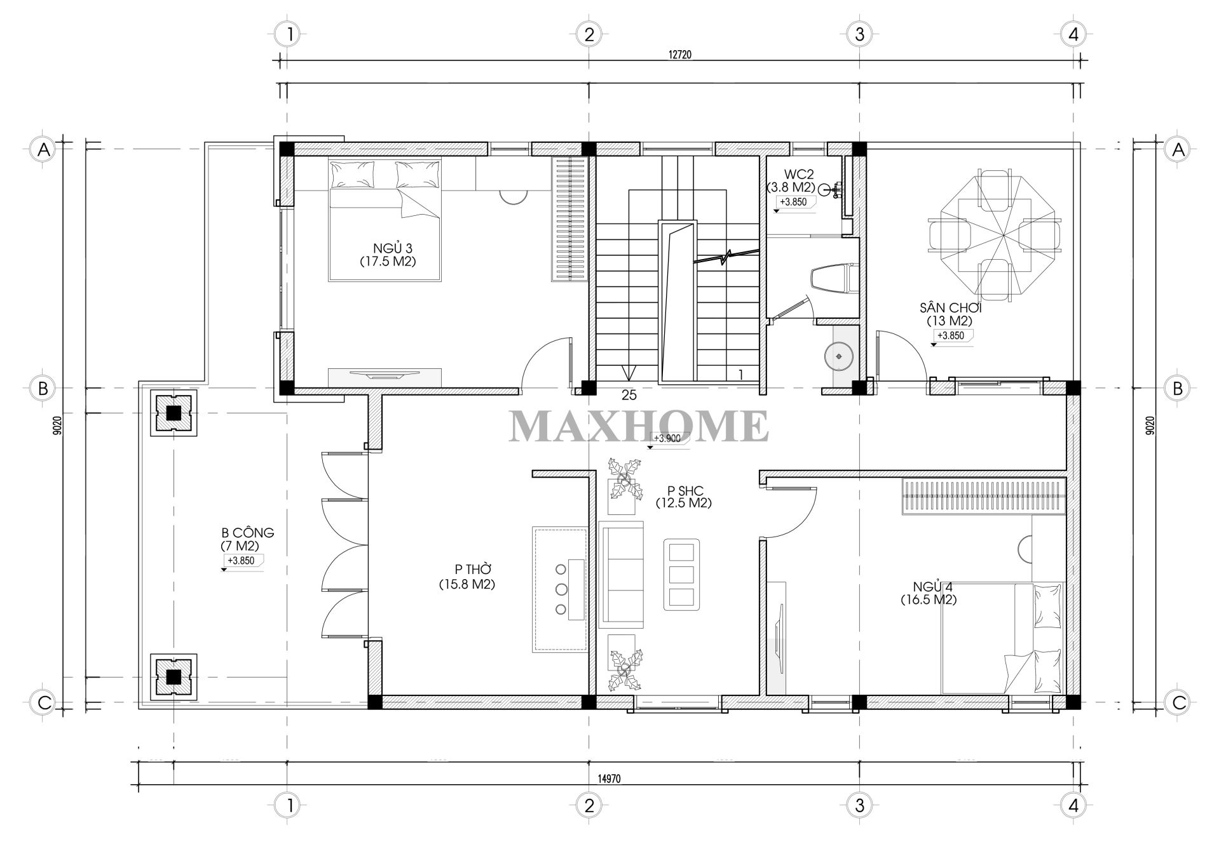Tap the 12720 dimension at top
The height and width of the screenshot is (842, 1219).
click(x=680, y=55)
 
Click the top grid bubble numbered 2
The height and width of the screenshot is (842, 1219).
click(x=589, y=34)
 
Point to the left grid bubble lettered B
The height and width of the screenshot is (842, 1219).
click(x=43, y=388)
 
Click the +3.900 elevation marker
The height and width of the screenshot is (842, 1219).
click(x=667, y=439)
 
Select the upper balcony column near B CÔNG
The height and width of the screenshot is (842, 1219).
click(x=174, y=413)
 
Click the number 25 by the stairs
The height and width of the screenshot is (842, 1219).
click(x=629, y=396)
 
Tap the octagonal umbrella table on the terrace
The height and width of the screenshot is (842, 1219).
click(x=994, y=234)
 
